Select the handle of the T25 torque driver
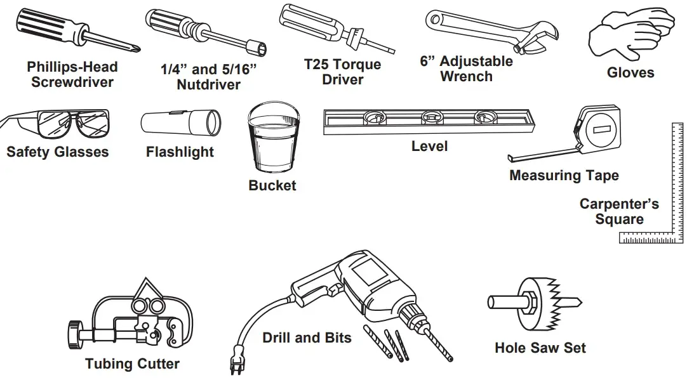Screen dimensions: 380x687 [x=311, y=20]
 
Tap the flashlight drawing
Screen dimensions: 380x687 [x=180, y=121]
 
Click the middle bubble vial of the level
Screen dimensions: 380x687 [x=432, y=117]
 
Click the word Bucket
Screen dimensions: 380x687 [x=272, y=186]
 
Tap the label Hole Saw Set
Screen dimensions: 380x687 [x=540, y=348]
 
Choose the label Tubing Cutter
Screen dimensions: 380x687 [x=132, y=364]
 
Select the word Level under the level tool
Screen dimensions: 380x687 [x=429, y=147]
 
